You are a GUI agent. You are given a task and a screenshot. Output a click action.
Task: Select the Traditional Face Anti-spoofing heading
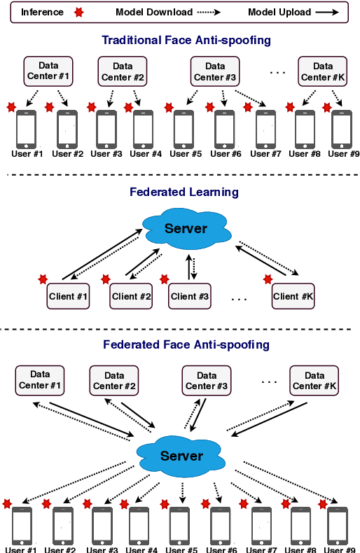[x=186, y=41]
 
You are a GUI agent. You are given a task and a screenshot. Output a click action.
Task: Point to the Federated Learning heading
[x=184, y=192]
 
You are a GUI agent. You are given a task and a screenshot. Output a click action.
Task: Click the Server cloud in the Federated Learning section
[x=186, y=228]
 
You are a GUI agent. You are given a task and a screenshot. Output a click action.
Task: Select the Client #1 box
[x=68, y=296]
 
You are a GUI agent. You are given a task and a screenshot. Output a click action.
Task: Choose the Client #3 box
[x=188, y=296]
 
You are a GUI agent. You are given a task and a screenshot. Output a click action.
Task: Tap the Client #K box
[x=293, y=296]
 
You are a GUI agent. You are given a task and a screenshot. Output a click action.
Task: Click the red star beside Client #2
[x=106, y=279]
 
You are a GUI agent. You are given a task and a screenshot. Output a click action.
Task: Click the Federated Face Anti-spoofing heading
[x=186, y=344]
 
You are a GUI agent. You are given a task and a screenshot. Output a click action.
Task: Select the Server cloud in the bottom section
[x=181, y=456]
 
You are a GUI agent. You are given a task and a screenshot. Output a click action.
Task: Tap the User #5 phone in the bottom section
[x=180, y=525]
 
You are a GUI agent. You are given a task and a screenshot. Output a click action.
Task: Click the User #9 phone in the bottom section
[x=340, y=525]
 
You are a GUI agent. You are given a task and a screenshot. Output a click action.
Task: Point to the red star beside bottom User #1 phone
[x=7, y=503]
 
